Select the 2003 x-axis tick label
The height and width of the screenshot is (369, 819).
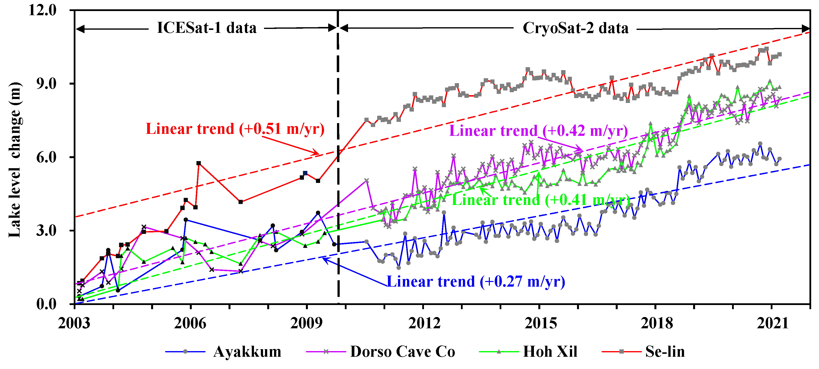74,323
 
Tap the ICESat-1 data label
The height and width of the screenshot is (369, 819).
207,28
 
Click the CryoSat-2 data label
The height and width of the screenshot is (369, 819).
576,28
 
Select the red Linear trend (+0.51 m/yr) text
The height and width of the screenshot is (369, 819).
235,129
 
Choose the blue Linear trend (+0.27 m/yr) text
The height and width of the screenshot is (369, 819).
476,282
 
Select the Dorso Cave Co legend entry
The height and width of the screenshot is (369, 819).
402,352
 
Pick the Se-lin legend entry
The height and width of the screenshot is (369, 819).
665,352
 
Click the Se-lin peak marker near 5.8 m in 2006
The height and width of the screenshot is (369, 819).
199,163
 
